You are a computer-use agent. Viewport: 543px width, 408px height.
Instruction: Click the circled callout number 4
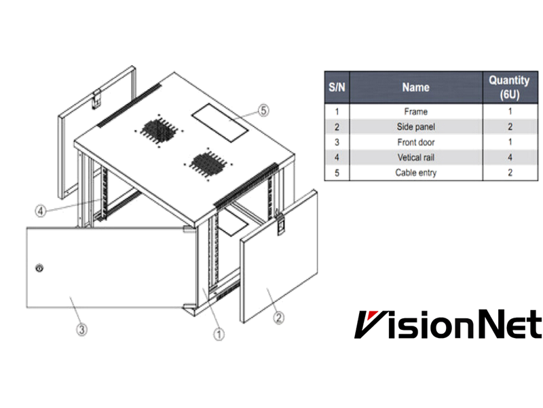tap(40, 209)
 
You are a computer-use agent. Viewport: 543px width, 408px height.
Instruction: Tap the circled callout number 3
tap(81, 328)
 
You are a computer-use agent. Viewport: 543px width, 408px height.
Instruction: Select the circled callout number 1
tap(219, 334)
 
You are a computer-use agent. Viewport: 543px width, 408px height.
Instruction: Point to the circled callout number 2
tap(278, 316)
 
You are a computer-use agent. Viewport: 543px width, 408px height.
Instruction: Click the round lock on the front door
tap(39, 268)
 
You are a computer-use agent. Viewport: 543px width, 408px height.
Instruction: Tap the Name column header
tap(415, 88)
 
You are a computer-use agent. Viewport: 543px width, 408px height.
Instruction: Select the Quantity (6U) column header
tap(504, 88)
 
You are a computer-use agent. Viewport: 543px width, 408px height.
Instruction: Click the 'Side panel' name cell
tap(415, 126)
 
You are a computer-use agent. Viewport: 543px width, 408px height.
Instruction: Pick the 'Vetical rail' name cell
tap(415, 158)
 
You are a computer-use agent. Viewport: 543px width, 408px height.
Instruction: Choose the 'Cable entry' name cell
tap(415, 173)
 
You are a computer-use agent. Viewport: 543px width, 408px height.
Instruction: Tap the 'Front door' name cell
tap(415, 142)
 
